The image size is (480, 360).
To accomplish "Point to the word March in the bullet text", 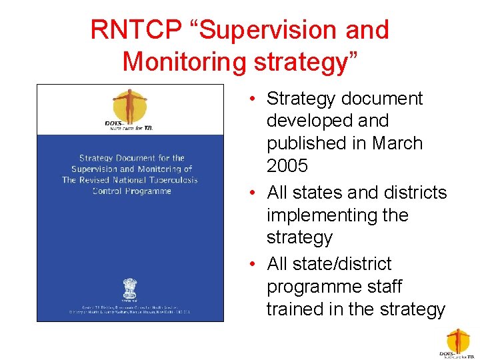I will pyautogui.click(x=397, y=143).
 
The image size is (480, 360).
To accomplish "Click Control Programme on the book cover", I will pyautogui.click(x=131, y=191).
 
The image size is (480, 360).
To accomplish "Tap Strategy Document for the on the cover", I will pyautogui.click(x=131, y=158).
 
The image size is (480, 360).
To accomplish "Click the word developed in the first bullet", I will pyautogui.click(x=309, y=121).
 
